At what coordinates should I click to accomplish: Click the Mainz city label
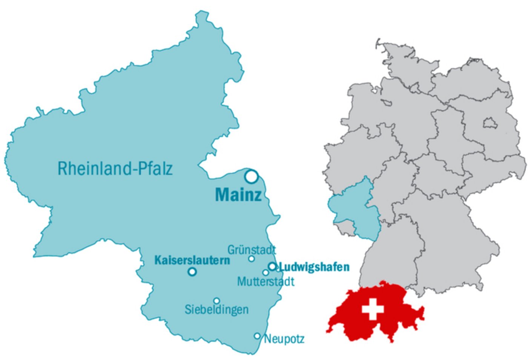(238, 195)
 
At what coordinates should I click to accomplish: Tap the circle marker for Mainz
(251, 176)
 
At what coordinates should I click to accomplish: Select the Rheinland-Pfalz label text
(115, 169)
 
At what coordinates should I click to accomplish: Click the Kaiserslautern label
(192, 260)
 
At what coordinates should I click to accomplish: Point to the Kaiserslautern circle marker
(192, 271)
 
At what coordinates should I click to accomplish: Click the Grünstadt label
(252, 250)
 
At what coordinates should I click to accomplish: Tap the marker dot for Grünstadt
(252, 259)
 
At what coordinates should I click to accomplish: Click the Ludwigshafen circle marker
(272, 266)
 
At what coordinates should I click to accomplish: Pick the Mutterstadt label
(266, 281)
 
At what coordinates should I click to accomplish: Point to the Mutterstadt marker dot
(266, 273)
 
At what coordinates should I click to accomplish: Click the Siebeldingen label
(216, 309)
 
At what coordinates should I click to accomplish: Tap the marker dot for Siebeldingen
(216, 301)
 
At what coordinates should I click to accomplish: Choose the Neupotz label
(284, 339)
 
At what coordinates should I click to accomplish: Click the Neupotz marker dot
(257, 336)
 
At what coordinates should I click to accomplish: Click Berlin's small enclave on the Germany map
(489, 123)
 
